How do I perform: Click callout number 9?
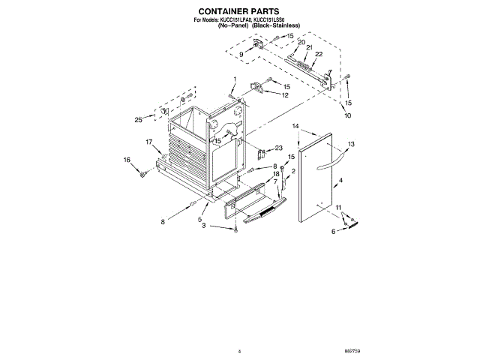241,55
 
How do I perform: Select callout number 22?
319,54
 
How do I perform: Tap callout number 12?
286,95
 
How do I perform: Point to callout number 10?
346,116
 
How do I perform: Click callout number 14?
295,126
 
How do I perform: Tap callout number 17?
149,142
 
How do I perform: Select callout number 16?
127,159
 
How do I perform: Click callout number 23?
279,148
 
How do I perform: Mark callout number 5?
200,220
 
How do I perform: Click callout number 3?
202,235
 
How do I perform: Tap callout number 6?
334,232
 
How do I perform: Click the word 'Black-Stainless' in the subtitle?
277,25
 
